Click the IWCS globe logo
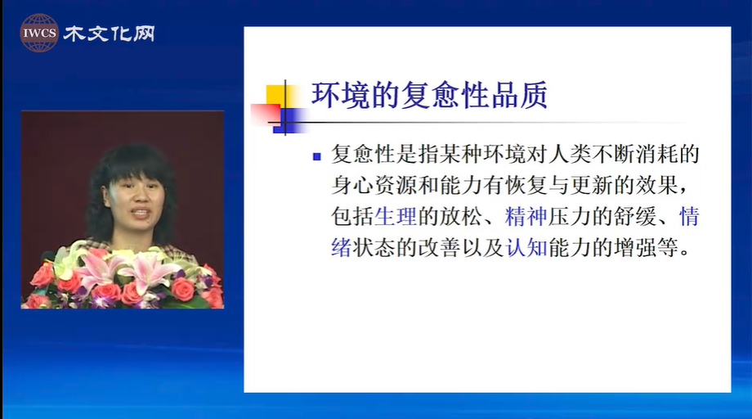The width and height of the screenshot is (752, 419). point(39,33)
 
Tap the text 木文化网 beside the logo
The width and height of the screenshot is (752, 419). point(109,34)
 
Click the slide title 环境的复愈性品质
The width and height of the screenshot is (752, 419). point(429,95)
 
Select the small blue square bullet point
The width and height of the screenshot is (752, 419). point(316,156)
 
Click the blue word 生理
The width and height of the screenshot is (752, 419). point(395,217)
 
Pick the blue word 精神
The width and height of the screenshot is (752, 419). point(526,217)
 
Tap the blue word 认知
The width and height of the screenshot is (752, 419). point(526,248)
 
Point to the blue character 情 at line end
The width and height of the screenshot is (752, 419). point(689,217)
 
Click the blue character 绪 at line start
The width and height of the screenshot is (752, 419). point(341,248)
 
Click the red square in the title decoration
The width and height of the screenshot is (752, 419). point(265,115)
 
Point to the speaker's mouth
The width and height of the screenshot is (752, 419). point(141,211)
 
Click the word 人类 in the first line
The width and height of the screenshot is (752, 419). point(569,154)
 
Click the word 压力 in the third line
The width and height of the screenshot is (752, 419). point(569,217)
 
